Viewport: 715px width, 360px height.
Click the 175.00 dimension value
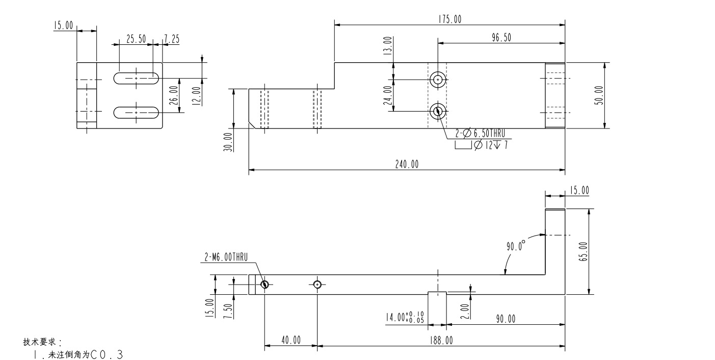click(449, 19)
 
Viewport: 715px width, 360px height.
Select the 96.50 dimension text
click(501, 38)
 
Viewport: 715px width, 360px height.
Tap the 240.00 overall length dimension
click(407, 164)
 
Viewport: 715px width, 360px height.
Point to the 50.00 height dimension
click(598, 95)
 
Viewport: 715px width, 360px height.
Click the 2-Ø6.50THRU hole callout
click(481, 134)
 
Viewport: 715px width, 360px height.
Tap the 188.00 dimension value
click(441, 340)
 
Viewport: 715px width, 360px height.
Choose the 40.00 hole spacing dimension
click(290, 340)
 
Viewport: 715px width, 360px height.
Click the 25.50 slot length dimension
click(136, 39)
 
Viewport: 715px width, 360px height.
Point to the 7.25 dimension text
click(171, 39)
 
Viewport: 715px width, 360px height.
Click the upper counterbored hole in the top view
click(437, 79)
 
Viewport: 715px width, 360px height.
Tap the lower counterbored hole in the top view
click(437, 111)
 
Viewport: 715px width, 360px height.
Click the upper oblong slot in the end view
click(136, 79)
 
